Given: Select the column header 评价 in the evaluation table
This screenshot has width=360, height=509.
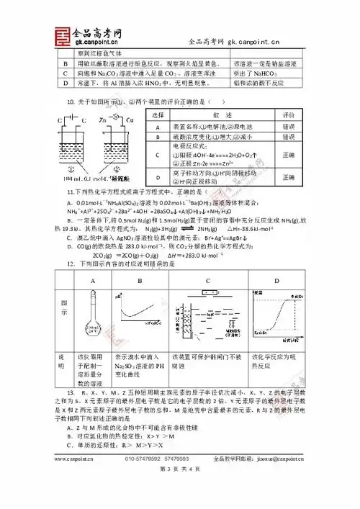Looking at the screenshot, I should (x=289, y=115).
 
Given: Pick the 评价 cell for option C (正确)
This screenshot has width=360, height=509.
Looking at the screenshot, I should (x=289, y=155).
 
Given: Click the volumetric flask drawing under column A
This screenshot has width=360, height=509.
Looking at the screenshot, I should (x=91, y=323).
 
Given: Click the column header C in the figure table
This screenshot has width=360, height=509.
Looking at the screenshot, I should (x=207, y=281).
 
